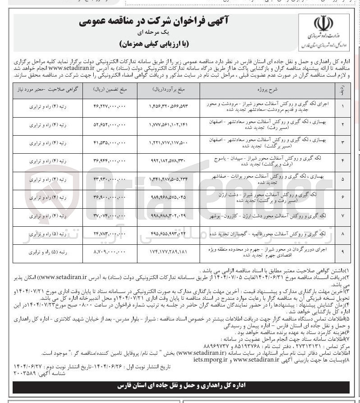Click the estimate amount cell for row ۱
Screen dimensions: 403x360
tap(168, 107)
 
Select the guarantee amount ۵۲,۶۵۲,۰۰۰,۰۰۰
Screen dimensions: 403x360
tap(109, 125)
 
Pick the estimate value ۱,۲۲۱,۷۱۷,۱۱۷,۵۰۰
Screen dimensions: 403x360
tap(168, 143)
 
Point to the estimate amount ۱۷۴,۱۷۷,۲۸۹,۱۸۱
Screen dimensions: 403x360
tap(168, 252)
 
